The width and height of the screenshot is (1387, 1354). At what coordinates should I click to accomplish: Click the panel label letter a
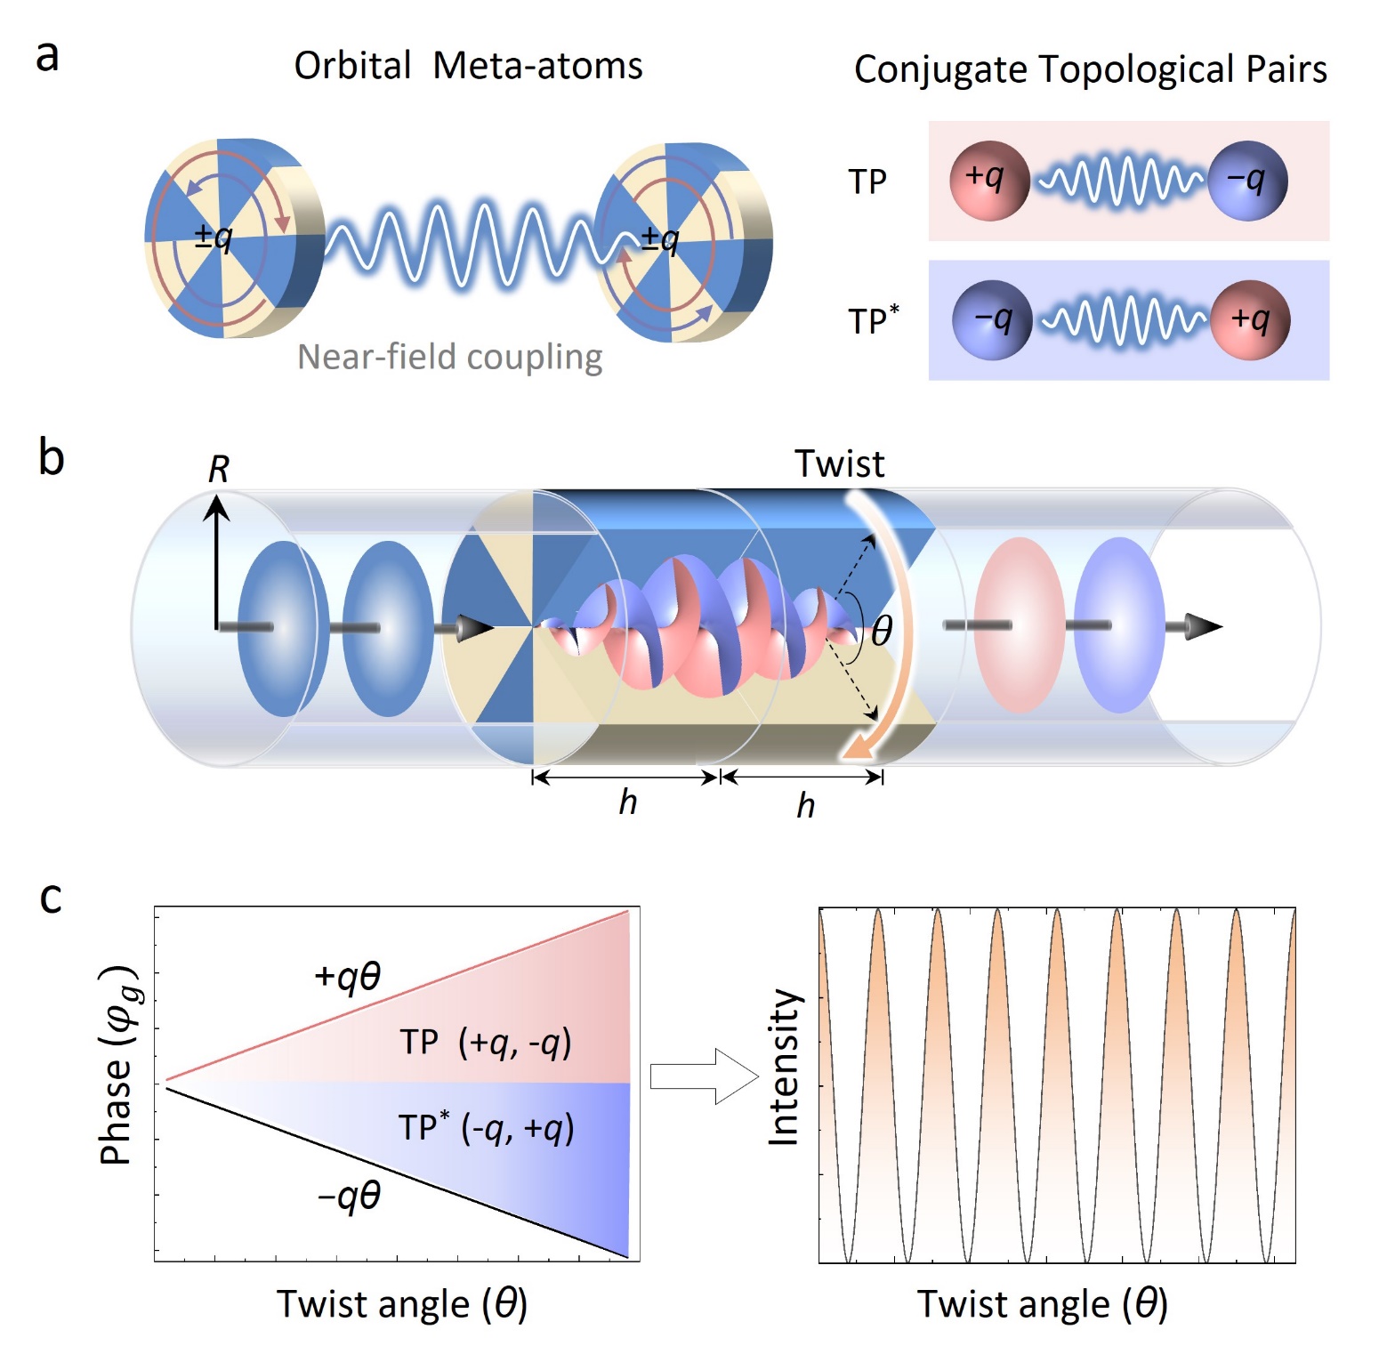coord(48,55)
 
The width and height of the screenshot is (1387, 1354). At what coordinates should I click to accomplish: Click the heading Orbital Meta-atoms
coord(468,66)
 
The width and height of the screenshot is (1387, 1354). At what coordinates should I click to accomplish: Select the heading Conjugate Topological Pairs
coord(1090,69)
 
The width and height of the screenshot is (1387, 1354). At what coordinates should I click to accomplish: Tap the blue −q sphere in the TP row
coord(1247,180)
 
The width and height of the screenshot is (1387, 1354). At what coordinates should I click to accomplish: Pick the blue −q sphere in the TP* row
coord(992,320)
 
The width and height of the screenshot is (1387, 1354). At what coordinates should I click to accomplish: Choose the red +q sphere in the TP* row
coord(1250,320)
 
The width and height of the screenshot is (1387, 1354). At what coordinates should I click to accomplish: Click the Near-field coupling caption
coord(449,357)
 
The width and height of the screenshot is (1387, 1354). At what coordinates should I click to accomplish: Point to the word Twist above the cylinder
coord(839,463)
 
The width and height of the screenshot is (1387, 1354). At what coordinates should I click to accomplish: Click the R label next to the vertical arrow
coord(219,469)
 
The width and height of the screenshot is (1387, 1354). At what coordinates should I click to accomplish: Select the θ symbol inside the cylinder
coord(881,631)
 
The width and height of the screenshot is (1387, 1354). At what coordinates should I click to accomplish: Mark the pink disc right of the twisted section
coord(1020,625)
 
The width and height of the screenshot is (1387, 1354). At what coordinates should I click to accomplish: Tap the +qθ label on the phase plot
coord(348,977)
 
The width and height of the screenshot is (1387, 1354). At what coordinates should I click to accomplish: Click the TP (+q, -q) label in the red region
coord(485,1042)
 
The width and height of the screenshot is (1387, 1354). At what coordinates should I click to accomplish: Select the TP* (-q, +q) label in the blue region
coord(486,1128)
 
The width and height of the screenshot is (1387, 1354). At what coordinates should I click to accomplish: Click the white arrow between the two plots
coord(703,1076)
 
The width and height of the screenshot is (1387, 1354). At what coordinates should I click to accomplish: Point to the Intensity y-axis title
coord(784,1068)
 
